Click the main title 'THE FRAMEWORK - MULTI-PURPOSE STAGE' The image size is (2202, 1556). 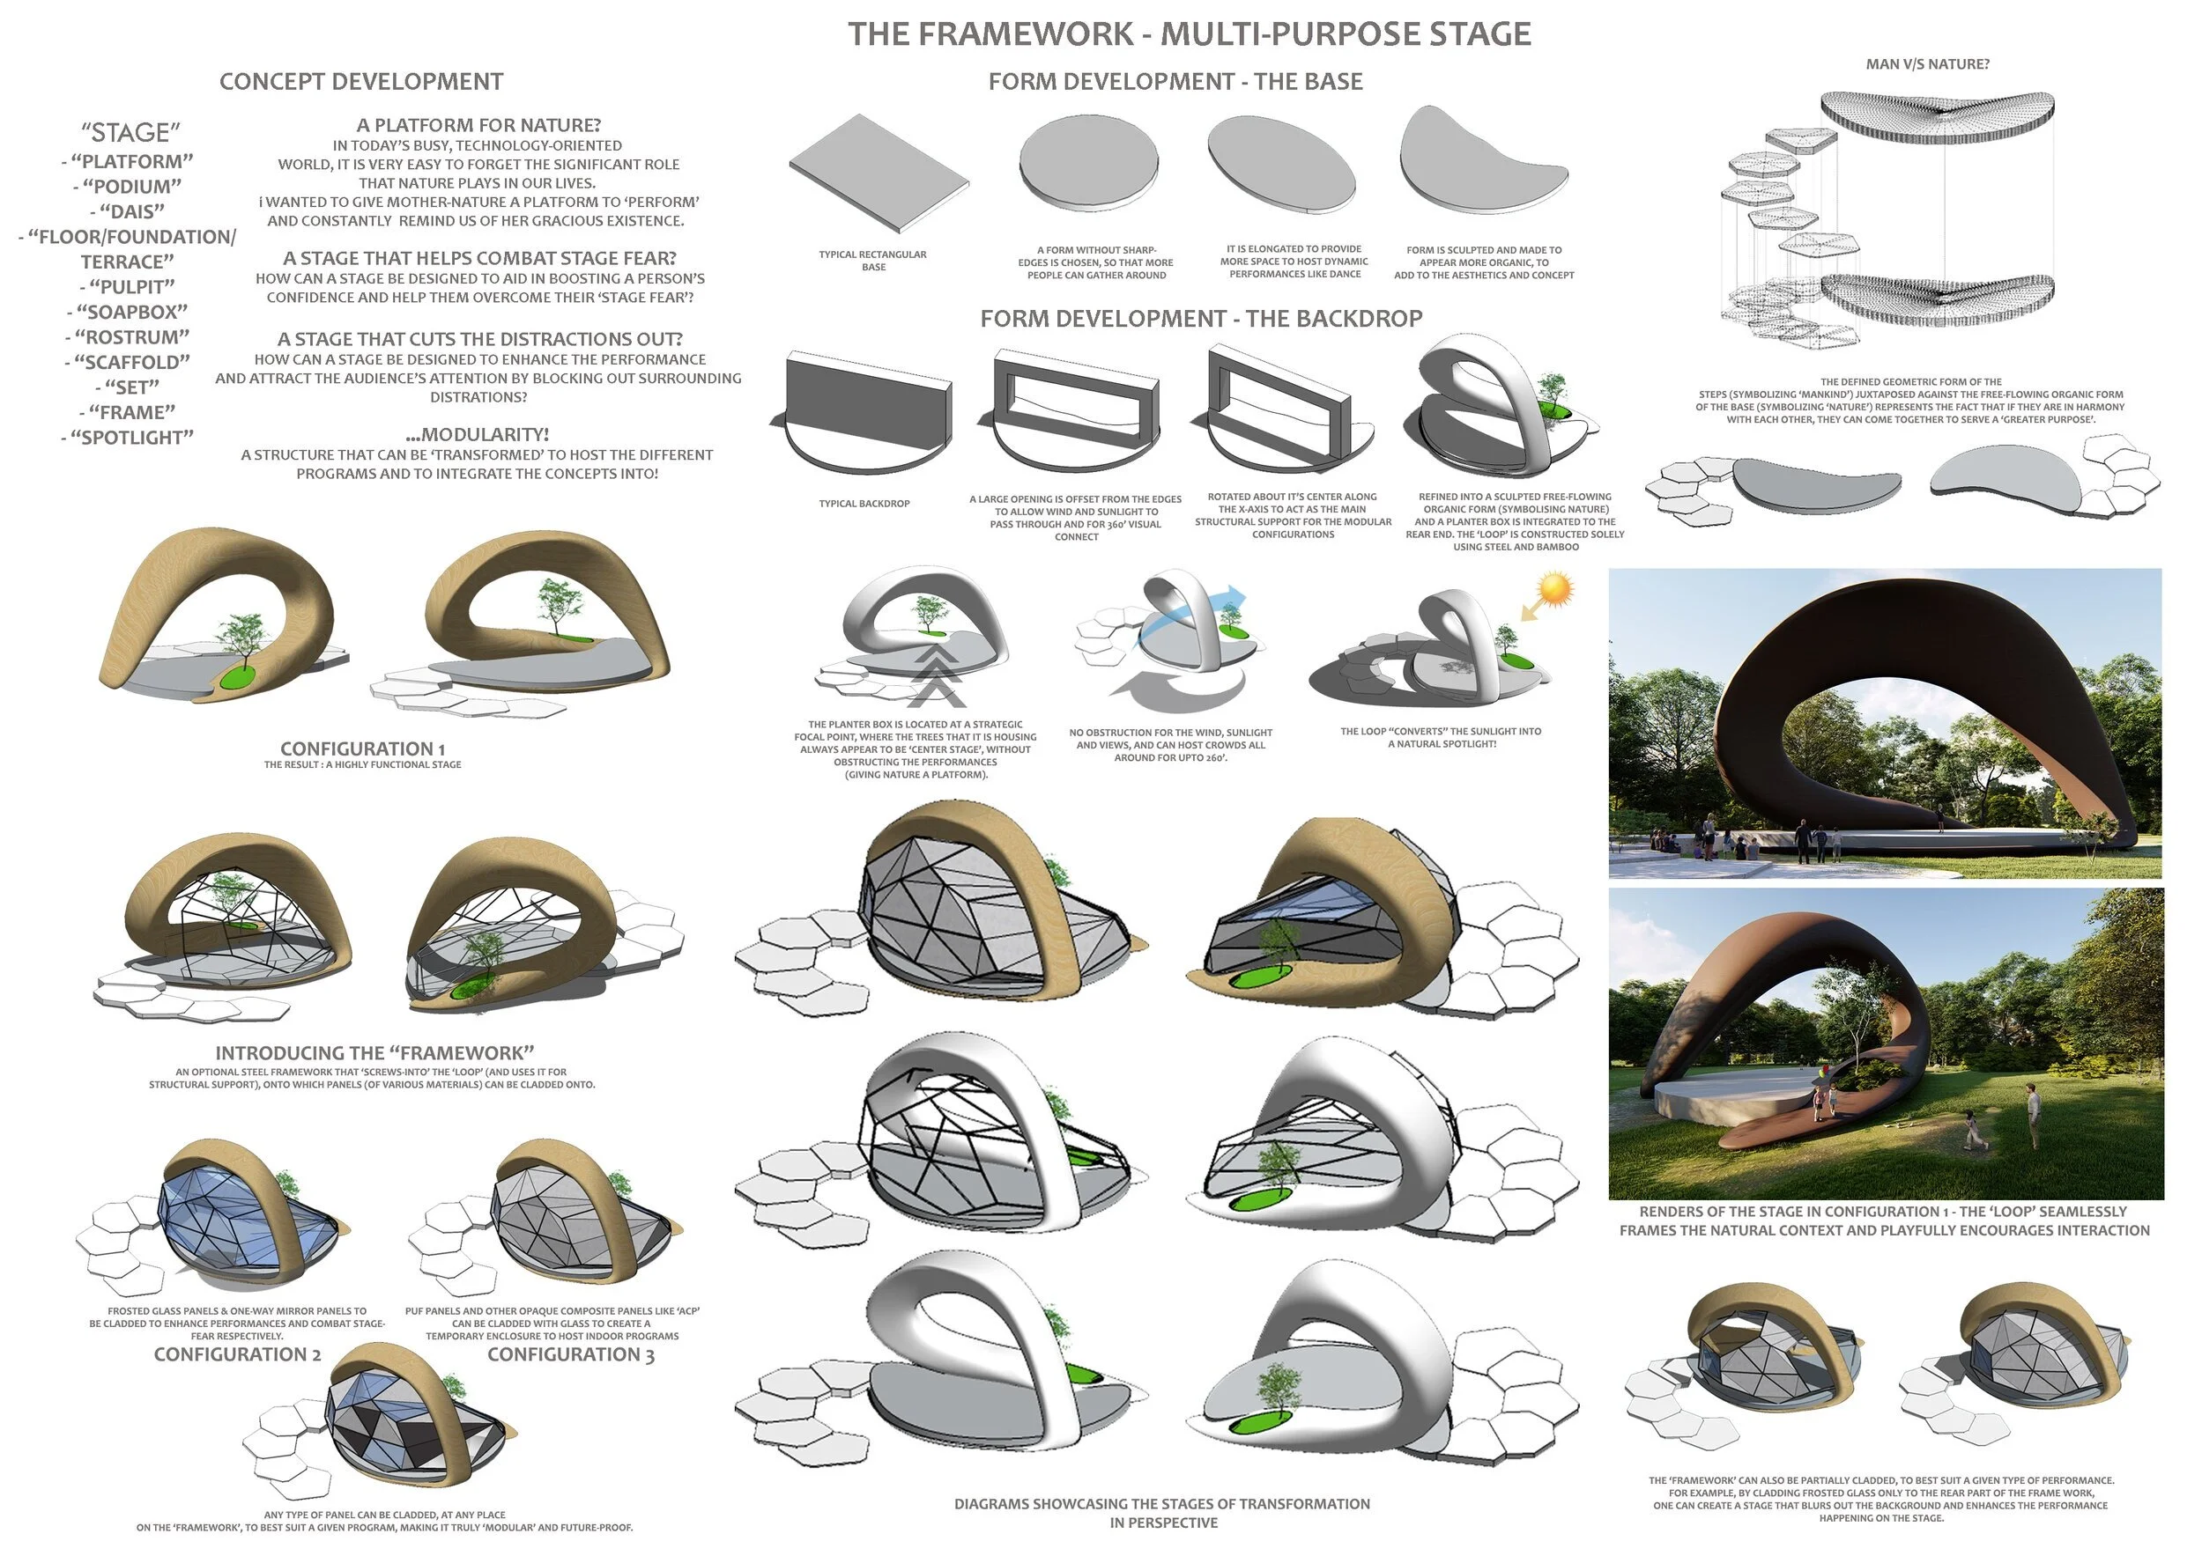click(x=1190, y=34)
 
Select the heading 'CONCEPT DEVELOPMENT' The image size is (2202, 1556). click(x=360, y=82)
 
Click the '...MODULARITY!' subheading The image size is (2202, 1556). click(x=477, y=434)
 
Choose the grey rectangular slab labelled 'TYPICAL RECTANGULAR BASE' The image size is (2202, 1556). click(x=878, y=173)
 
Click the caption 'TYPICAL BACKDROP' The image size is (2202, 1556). click(x=864, y=504)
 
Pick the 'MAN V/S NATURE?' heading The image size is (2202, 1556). click(x=1927, y=64)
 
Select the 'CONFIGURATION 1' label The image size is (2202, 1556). click(x=362, y=749)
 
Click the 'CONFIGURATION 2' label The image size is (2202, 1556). click(x=237, y=1354)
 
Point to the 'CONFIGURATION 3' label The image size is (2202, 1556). click(x=571, y=1354)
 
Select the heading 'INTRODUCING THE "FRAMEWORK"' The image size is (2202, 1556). click(x=374, y=1052)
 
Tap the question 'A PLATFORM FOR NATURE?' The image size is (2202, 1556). click(x=478, y=126)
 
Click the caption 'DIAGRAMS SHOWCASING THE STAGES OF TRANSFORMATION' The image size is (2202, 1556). click(x=1161, y=1504)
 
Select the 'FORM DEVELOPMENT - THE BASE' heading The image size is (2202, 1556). click(x=1175, y=82)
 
